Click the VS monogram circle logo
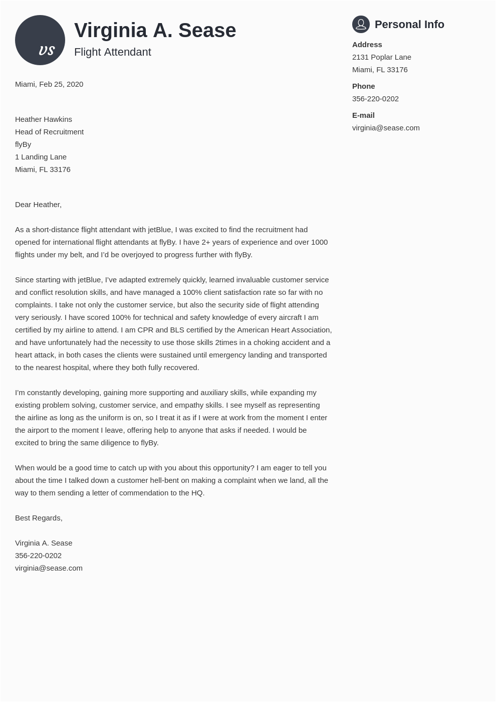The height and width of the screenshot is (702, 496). click(40, 40)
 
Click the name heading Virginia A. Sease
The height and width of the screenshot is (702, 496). click(155, 31)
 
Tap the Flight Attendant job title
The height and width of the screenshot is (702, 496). click(112, 52)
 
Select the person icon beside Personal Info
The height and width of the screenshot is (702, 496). click(361, 24)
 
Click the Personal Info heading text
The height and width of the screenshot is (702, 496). click(409, 25)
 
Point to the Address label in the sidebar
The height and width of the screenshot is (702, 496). click(367, 45)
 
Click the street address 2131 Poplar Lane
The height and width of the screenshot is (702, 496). click(381, 57)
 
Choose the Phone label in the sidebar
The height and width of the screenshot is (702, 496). click(363, 86)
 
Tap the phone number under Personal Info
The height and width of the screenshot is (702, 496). click(375, 99)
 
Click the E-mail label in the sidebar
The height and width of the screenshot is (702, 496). click(363, 115)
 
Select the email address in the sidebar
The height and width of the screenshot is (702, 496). click(386, 128)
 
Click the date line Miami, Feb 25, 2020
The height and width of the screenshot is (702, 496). click(49, 84)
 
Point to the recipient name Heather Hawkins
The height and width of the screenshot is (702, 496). click(44, 119)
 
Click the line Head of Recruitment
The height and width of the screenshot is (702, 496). click(49, 132)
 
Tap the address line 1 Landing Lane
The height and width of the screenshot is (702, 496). click(41, 157)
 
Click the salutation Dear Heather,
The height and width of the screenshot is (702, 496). click(38, 205)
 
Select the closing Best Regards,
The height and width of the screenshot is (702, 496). click(39, 518)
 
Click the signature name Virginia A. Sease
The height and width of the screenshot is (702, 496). click(44, 543)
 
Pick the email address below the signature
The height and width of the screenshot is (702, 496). click(49, 568)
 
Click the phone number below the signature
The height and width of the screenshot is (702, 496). click(38, 556)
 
